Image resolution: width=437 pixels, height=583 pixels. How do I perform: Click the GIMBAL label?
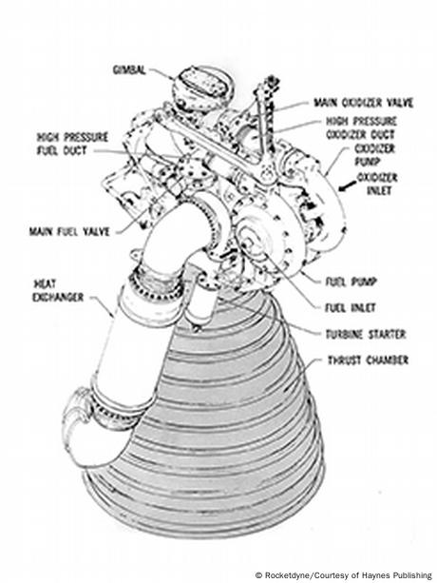coord(129,69)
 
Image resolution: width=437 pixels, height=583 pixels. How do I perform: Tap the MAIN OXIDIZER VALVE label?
coord(364,103)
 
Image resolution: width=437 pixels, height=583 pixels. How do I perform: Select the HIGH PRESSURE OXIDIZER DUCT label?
coord(360,127)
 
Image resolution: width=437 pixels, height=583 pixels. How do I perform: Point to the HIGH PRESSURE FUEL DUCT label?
coord(72,144)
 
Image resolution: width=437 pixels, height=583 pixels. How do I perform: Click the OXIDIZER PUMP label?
coord(374,155)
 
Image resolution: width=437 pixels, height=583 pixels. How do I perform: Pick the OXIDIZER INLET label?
coord(377,184)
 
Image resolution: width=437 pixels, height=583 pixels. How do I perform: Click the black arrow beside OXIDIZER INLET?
coord(346,186)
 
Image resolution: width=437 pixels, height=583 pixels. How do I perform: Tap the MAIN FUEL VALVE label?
coord(69,232)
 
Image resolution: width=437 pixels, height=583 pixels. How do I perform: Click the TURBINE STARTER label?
coord(366,334)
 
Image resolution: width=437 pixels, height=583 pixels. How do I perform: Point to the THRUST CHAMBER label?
coord(368,360)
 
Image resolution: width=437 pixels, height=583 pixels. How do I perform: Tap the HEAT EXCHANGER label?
coord(58,291)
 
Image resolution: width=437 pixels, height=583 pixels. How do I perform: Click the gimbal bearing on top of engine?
coord(202,88)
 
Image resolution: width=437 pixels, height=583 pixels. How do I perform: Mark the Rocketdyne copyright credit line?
coord(344,575)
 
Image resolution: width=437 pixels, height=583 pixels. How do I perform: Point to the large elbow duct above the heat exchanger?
coord(175,238)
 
